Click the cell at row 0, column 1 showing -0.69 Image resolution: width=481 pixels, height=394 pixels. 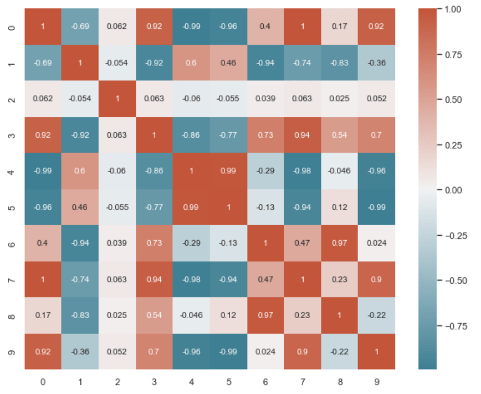pyautogui.click(x=80, y=26)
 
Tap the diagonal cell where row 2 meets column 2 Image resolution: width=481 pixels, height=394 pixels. pyautogui.click(x=117, y=98)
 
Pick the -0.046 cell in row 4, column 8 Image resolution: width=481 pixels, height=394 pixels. pyautogui.click(x=340, y=170)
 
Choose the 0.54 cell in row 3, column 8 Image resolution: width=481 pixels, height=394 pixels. pyautogui.click(x=340, y=134)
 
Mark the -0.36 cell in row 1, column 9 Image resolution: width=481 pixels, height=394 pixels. pyautogui.click(x=377, y=62)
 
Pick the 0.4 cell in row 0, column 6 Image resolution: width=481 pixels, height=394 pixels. pyautogui.click(x=265, y=26)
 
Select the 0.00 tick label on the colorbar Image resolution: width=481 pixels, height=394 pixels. pyautogui.click(x=455, y=190)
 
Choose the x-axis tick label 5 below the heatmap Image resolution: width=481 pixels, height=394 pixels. pyautogui.click(x=228, y=381)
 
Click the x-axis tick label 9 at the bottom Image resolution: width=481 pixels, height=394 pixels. pyautogui.click(x=377, y=381)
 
